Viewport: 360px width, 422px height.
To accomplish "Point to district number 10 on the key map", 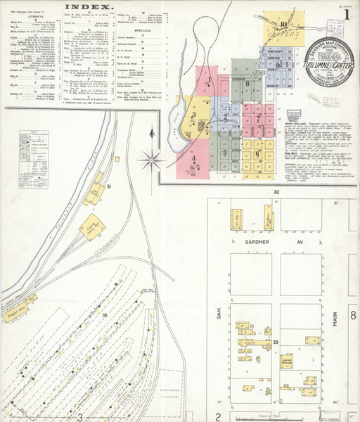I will [282, 23].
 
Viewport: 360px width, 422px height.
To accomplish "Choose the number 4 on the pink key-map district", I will [193, 159].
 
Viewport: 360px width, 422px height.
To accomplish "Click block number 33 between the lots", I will [276, 342].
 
